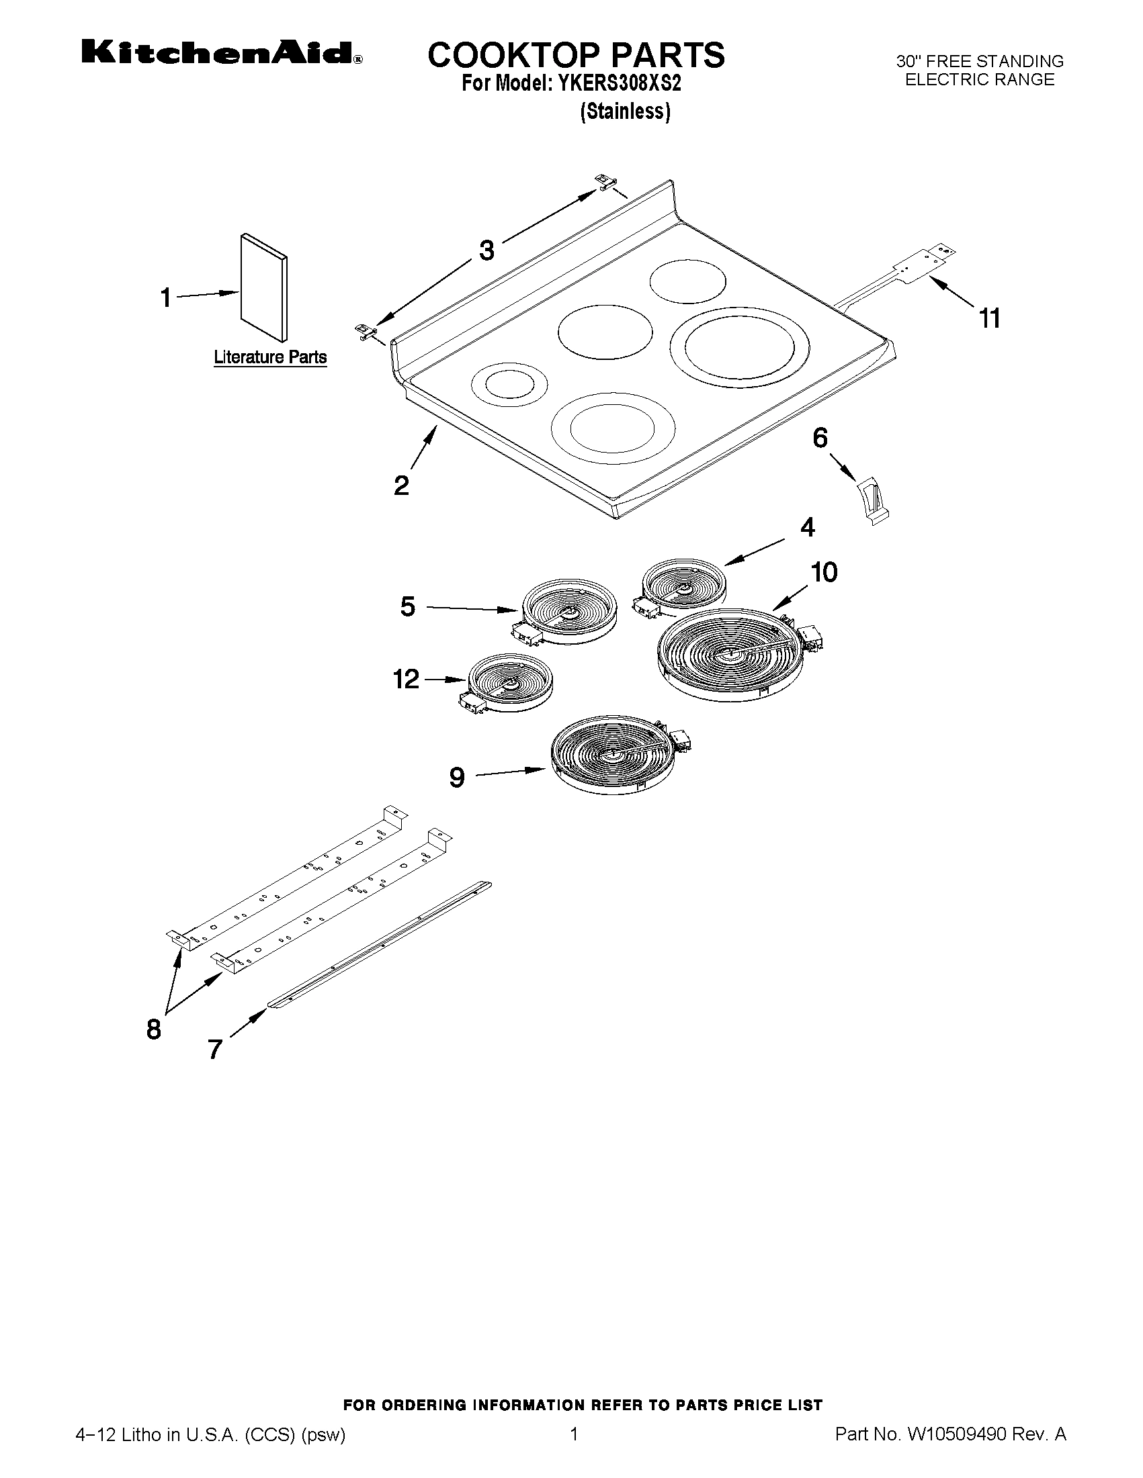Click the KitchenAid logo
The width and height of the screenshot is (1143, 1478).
(x=221, y=53)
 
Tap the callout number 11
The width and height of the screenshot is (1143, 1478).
(x=989, y=318)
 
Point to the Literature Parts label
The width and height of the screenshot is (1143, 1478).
(x=270, y=357)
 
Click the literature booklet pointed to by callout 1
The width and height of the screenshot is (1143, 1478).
(x=264, y=287)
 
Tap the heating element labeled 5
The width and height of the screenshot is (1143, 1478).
(x=568, y=608)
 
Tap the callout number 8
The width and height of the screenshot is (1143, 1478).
(x=154, y=1029)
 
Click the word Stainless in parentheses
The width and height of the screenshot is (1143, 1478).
(x=625, y=111)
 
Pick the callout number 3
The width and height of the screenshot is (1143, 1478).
(x=486, y=250)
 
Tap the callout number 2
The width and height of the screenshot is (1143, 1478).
(x=401, y=486)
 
